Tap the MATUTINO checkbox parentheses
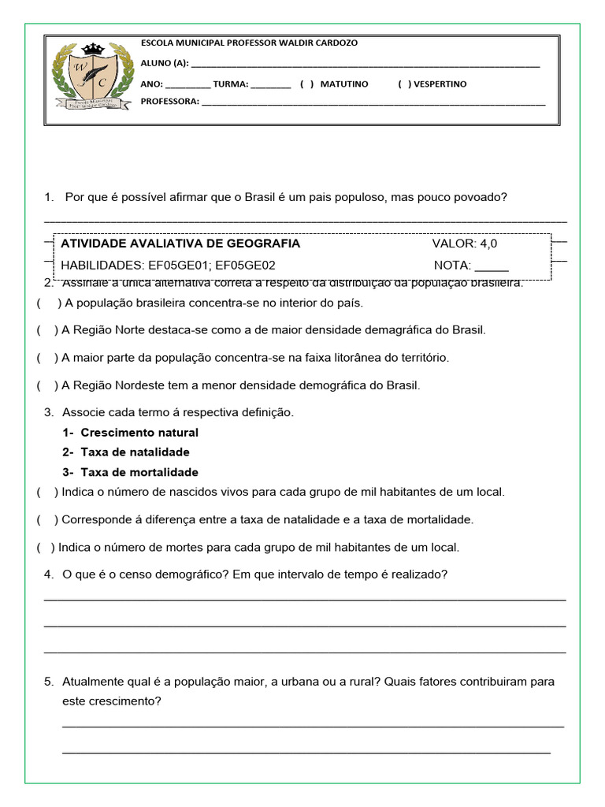[x=306, y=84]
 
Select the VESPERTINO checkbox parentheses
[x=403, y=84]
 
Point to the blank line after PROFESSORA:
[x=373, y=102]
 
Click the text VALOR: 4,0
[x=465, y=244]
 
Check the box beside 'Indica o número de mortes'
[x=45, y=548]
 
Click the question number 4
[x=49, y=575]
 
